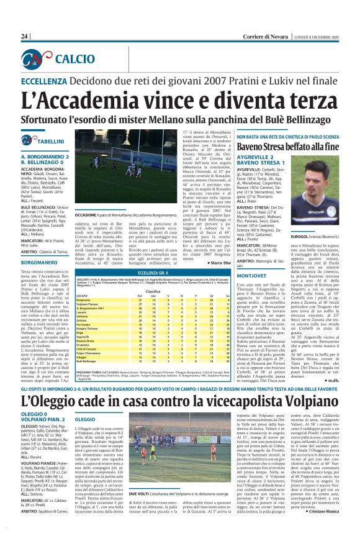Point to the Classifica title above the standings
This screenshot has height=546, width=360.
(x=145, y=291)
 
